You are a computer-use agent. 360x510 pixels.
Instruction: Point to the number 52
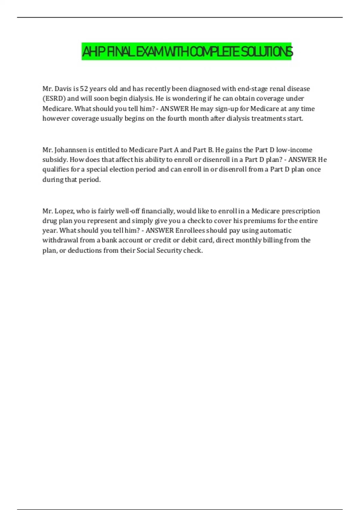[x=84, y=89]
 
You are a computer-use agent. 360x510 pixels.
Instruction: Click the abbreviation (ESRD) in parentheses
[x=54, y=99]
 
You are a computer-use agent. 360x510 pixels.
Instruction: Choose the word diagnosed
[x=204, y=89]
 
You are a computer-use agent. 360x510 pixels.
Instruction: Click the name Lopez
[x=64, y=211]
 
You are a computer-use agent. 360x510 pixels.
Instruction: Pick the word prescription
[x=301, y=211]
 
